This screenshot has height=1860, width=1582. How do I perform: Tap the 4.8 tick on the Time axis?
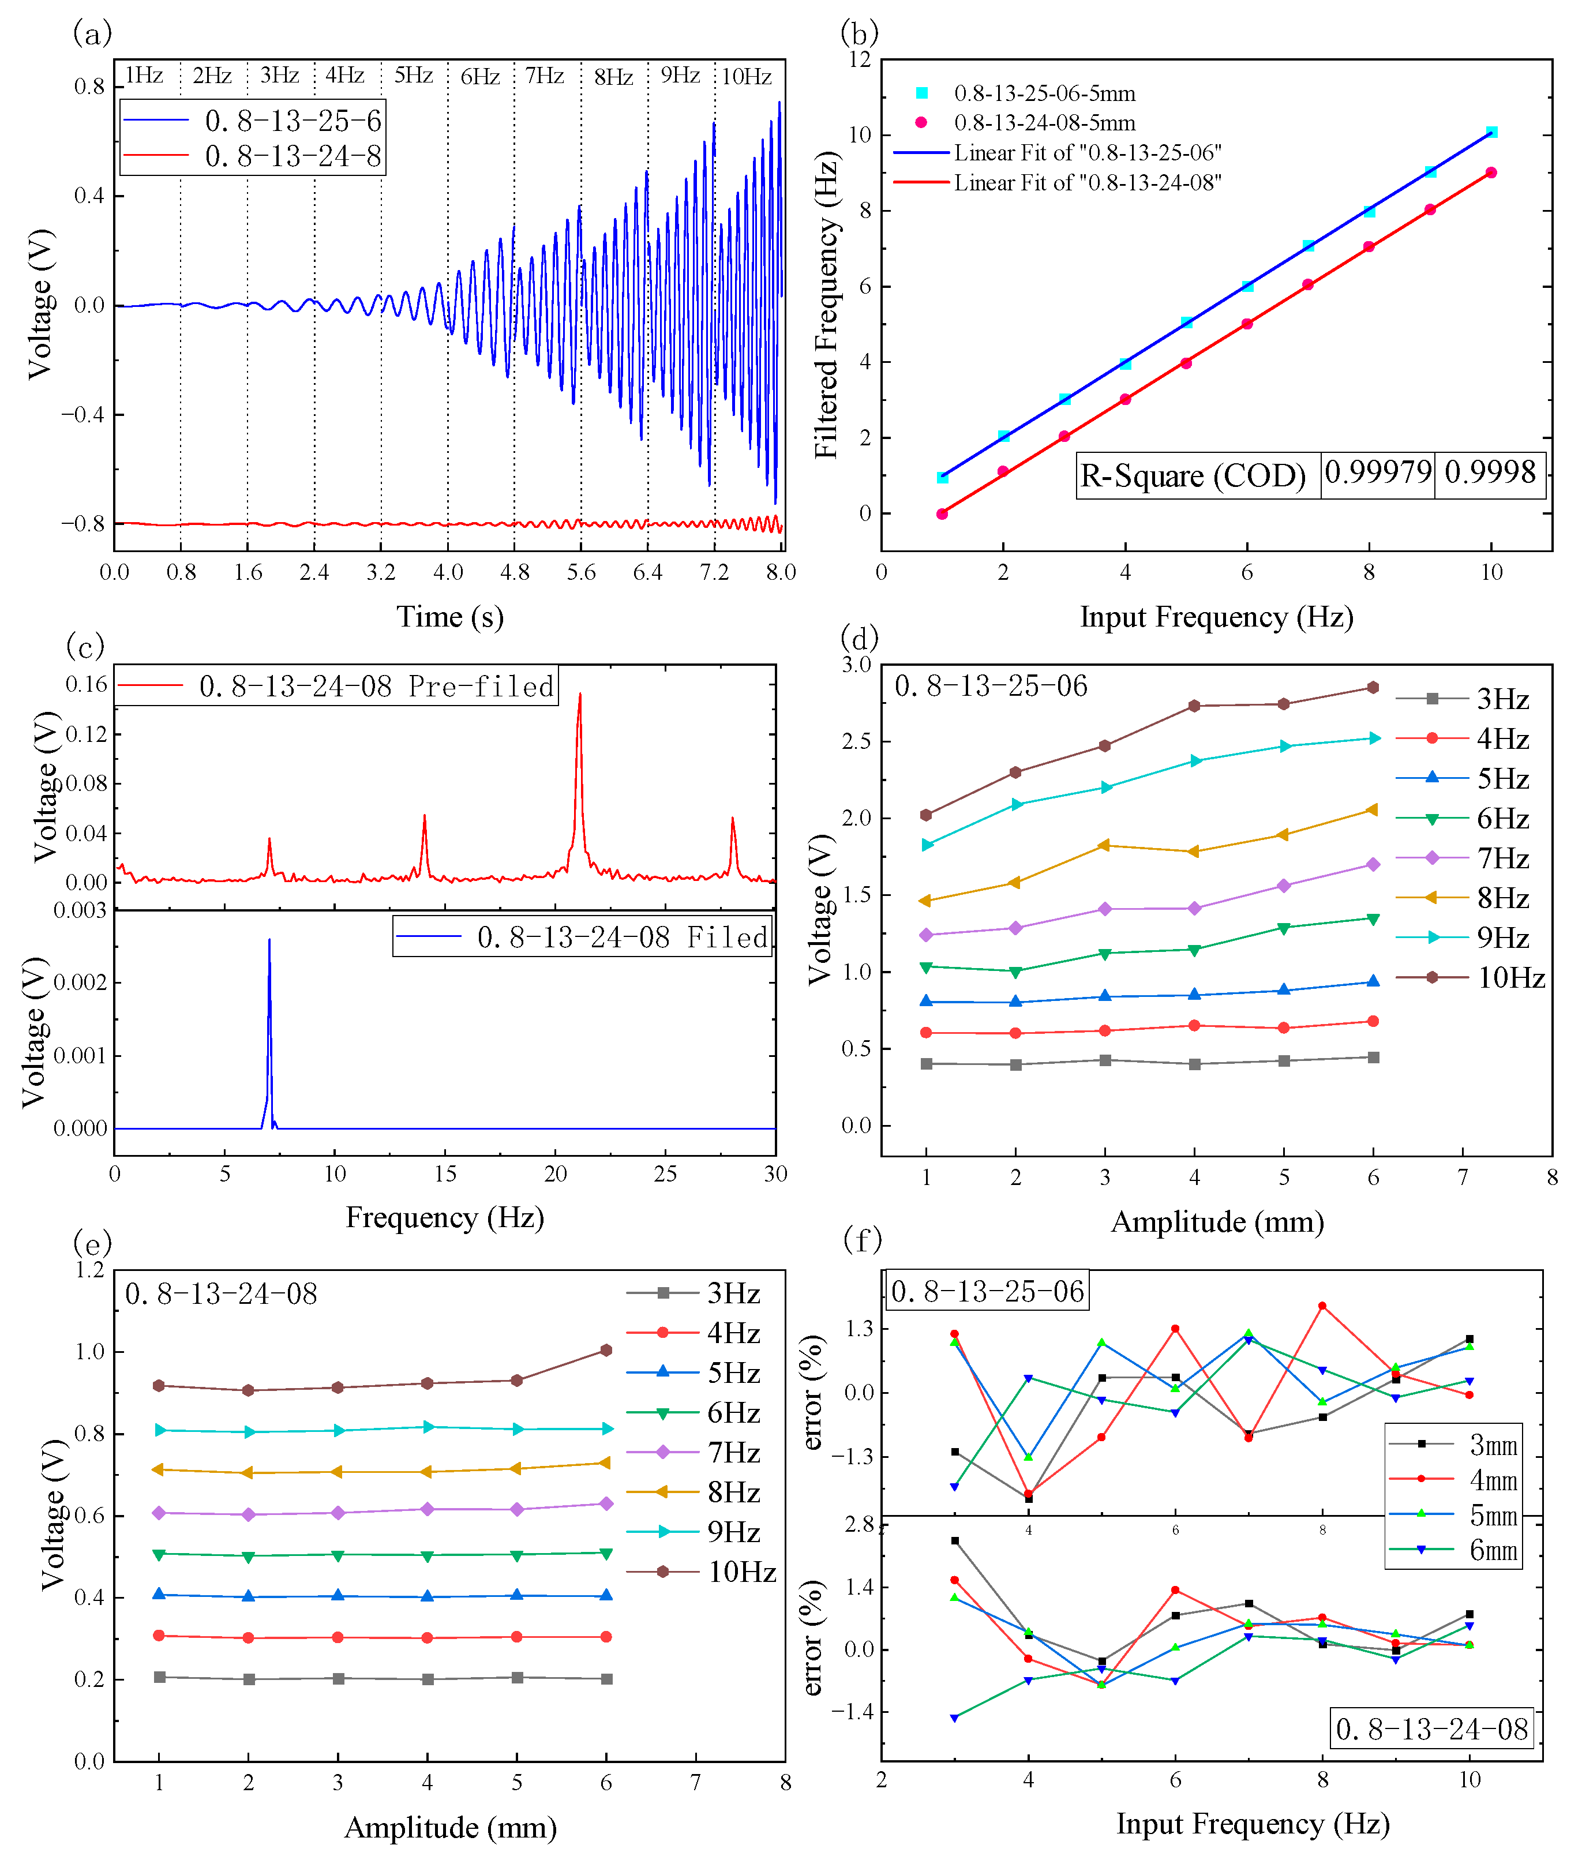click(515, 572)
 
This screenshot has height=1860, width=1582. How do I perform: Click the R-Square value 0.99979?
click(1378, 472)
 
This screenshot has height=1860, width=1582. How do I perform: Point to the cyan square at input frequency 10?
click(1491, 132)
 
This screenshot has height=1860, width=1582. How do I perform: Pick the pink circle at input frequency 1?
click(942, 514)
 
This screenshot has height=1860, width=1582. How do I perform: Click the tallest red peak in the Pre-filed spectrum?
click(579, 693)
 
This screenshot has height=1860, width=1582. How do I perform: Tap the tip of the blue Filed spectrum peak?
click(269, 940)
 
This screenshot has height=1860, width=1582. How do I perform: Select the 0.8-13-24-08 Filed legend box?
click(583, 937)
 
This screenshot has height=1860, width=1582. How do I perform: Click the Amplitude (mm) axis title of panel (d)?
click(1217, 1222)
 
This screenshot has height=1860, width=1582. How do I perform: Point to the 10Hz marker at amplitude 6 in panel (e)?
click(606, 1349)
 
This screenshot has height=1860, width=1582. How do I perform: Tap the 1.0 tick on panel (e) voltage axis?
click(89, 1352)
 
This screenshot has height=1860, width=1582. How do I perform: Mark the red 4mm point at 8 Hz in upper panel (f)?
click(1322, 1307)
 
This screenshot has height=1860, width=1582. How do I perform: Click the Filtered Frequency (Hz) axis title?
click(827, 305)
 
